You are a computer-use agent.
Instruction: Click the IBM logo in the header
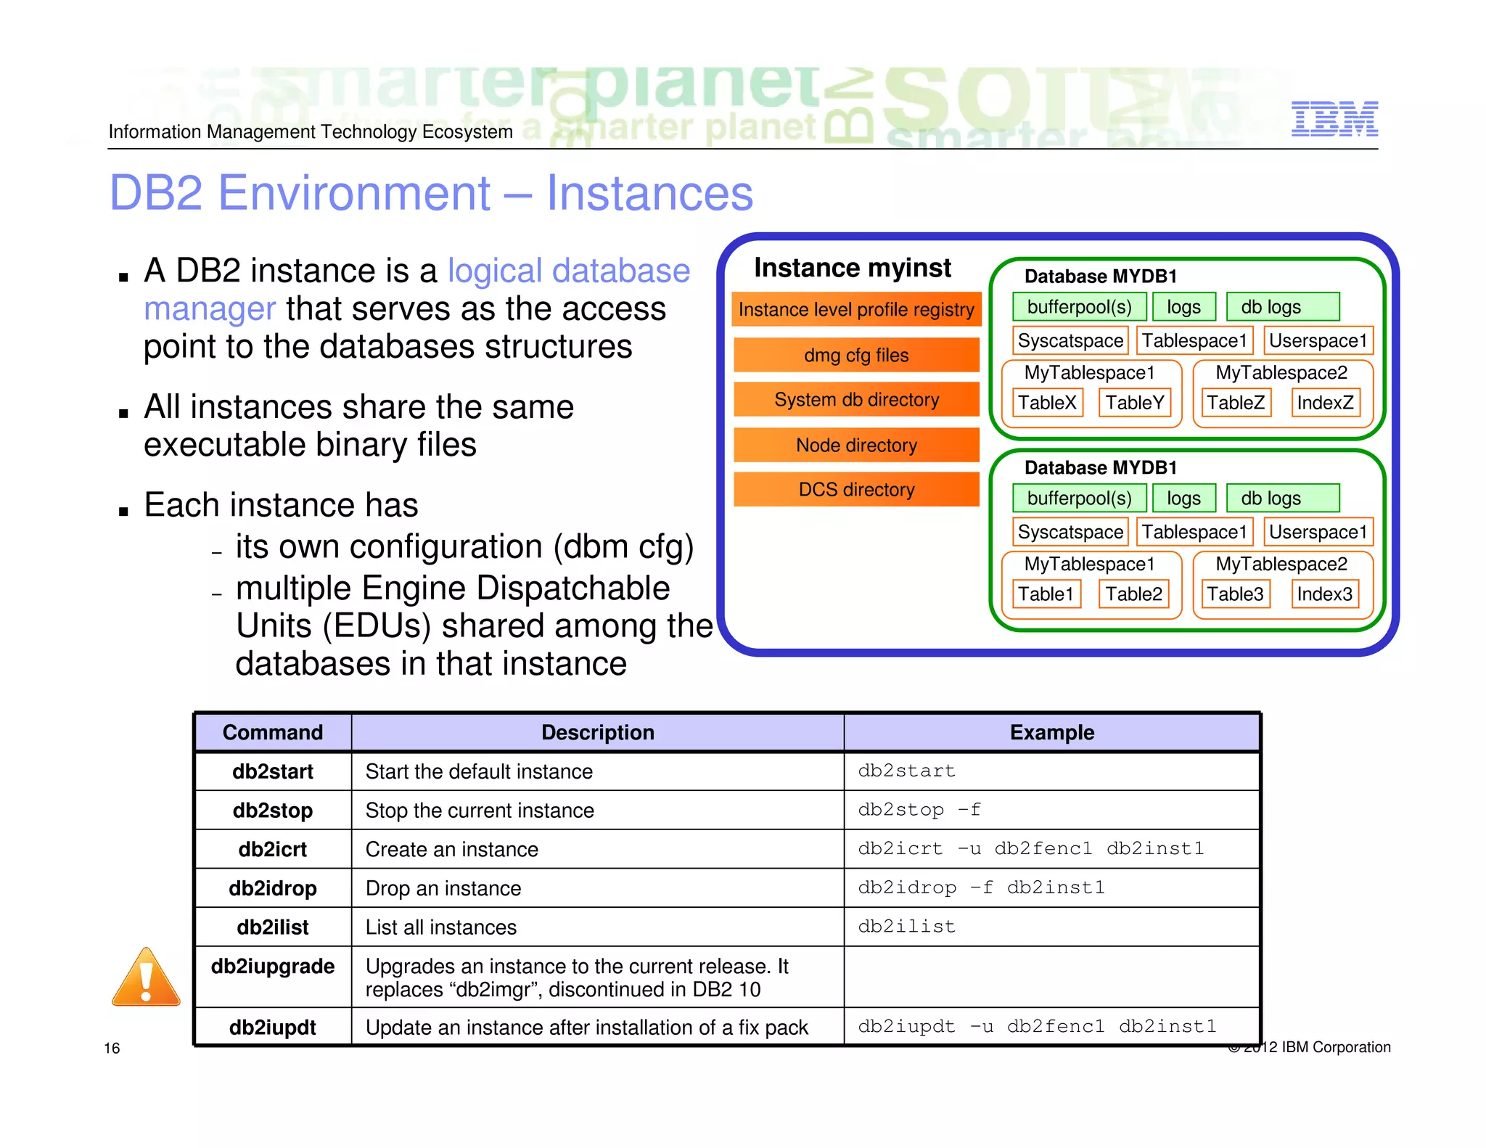coord(1334,119)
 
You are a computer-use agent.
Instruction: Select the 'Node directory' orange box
coord(856,445)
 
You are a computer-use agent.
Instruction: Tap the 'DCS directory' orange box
coord(856,489)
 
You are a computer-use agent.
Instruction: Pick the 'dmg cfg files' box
coord(856,355)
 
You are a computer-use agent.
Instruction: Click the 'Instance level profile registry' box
coord(856,309)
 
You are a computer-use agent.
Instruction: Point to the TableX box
coord(1046,403)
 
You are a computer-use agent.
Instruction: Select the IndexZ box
coord(1325,403)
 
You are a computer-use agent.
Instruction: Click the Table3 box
coord(1235,594)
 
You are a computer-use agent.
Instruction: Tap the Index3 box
coord(1325,594)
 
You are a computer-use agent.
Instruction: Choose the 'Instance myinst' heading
coord(852,268)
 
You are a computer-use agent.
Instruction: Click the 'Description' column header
coord(597,732)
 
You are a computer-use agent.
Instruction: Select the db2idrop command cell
coord(273,888)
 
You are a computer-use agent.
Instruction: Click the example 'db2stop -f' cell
coord(919,810)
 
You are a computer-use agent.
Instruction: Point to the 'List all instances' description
coord(440,927)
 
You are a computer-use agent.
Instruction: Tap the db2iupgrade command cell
coord(273,967)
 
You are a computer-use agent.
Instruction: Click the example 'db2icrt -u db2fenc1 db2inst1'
coord(1030,849)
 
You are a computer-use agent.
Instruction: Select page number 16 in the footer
coord(112,1048)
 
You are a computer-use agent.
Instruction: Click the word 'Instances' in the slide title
coord(649,193)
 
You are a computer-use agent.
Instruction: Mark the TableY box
coord(1134,403)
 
